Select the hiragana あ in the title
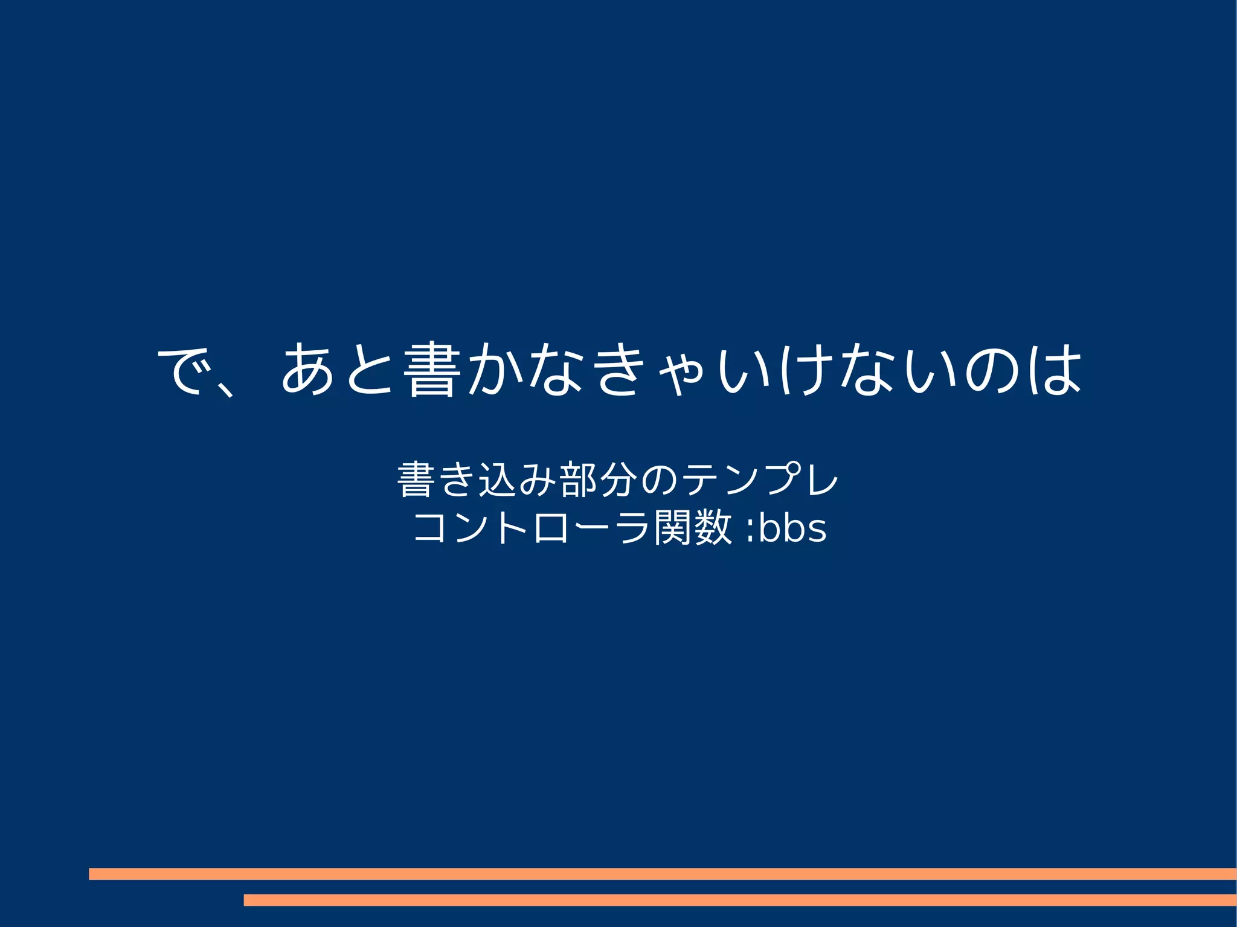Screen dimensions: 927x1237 point(307,370)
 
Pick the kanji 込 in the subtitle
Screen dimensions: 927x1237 point(498,481)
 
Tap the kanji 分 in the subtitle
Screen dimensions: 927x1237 point(619,481)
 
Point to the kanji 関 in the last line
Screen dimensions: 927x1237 point(673,528)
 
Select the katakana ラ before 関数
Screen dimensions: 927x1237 point(632,528)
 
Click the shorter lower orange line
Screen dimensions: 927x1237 point(739,900)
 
